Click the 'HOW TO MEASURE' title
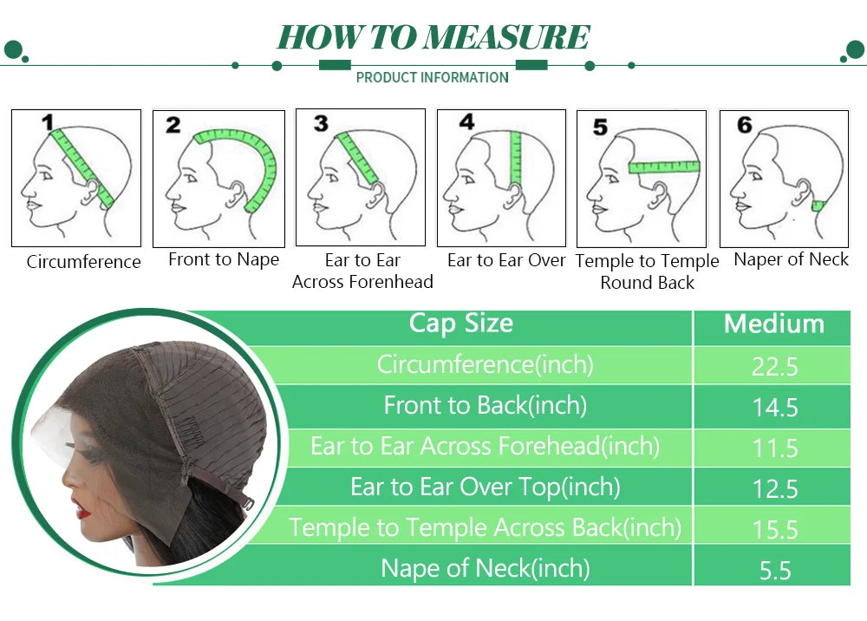pyautogui.click(x=433, y=37)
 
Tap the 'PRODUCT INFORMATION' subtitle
pyautogui.click(x=433, y=77)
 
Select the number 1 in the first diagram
pyautogui.click(x=48, y=122)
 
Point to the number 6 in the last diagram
pyautogui.click(x=744, y=124)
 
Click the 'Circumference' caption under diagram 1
pyautogui.click(x=83, y=262)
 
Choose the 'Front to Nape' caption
pyautogui.click(x=224, y=259)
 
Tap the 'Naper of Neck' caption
pyautogui.click(x=791, y=259)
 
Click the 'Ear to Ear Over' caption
pyautogui.click(x=506, y=260)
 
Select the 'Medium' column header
pyautogui.click(x=774, y=324)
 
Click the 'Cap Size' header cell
pyautogui.click(x=461, y=323)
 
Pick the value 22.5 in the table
pyautogui.click(x=774, y=367)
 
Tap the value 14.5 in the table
pyautogui.click(x=775, y=408)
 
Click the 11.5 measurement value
pyautogui.click(x=775, y=448)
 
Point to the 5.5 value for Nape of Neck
pyautogui.click(x=775, y=571)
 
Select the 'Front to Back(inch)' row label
pyautogui.click(x=486, y=405)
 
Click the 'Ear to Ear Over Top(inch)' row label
pyautogui.click(x=486, y=487)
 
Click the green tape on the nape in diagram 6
pyautogui.click(x=818, y=206)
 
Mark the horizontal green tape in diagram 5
pyautogui.click(x=664, y=167)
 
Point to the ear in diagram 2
pyautogui.click(x=237, y=193)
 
